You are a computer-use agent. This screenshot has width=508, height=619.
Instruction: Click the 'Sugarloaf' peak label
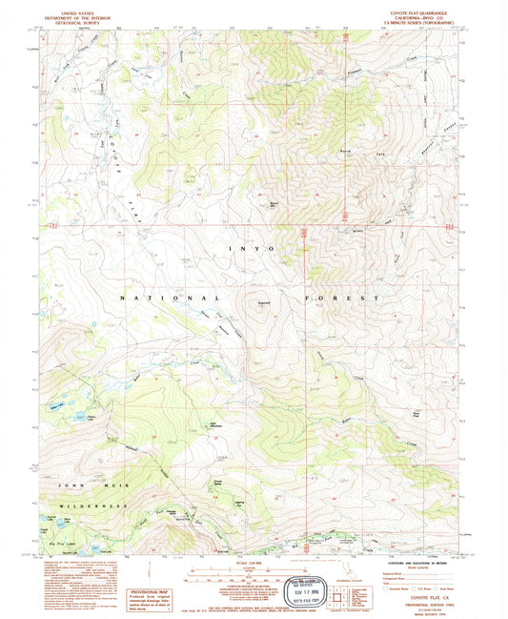point(264,304)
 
